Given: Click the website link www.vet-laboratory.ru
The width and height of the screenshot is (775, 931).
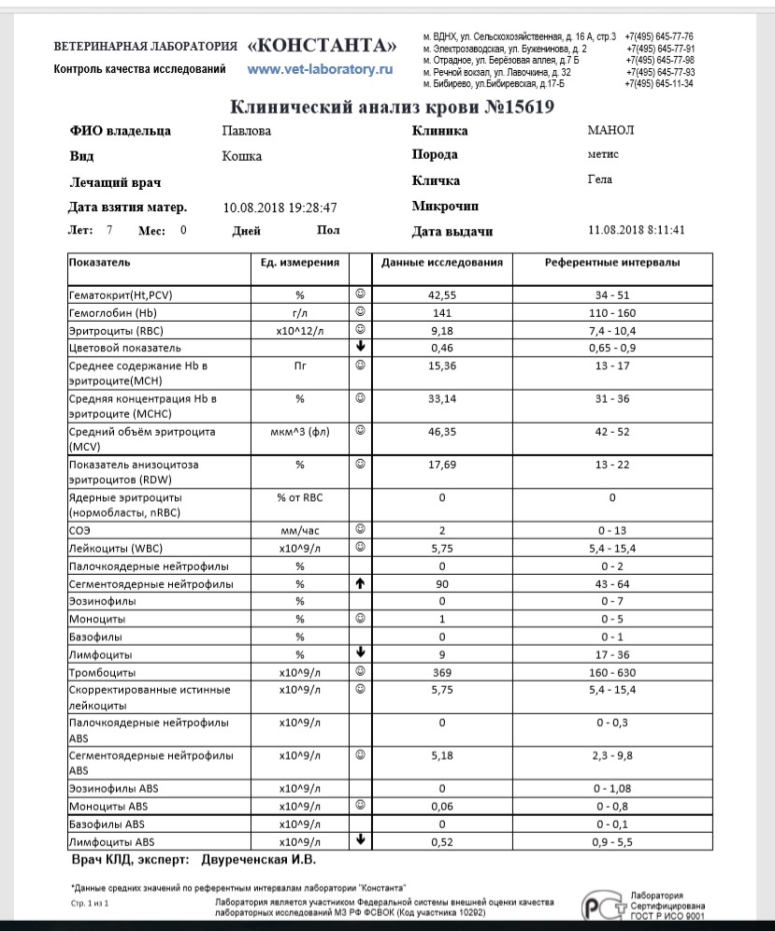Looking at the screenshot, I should coord(320,69).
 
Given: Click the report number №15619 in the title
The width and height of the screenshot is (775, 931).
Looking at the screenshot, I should coord(520,107).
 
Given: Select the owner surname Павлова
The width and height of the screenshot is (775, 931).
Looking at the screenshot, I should coord(247,132).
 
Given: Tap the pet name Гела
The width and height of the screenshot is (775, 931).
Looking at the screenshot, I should coord(599,179).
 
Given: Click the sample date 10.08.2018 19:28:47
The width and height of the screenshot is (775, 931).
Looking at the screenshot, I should coord(280,208).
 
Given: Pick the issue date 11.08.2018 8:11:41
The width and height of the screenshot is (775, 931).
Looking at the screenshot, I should coord(637,230).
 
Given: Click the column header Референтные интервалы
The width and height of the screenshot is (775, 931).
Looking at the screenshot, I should coord(612,263).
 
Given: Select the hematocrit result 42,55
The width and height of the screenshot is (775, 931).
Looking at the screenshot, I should coord(441,295).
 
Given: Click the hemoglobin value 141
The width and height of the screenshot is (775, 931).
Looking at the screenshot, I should coord(441,312).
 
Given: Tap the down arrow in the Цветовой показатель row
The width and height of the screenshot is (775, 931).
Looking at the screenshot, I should coord(360,347).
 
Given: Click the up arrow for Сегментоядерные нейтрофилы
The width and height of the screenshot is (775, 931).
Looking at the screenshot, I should coord(360,584).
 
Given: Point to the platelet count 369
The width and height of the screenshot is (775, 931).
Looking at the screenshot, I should coord(441,672).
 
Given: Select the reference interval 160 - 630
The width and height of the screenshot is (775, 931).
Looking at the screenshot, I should coord(612,672).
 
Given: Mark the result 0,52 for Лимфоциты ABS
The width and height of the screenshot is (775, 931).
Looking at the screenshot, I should coord(441,840).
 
